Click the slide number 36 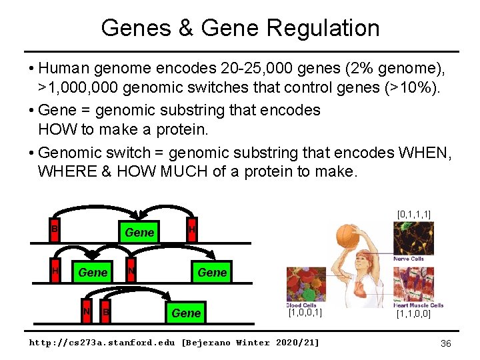447,343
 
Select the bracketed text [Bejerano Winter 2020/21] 251,343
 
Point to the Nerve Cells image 413,239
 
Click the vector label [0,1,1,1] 413,214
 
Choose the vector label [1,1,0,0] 413,313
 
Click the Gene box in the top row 139,232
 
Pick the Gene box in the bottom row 186,313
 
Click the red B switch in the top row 55,229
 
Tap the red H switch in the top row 191,230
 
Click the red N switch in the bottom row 85,311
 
